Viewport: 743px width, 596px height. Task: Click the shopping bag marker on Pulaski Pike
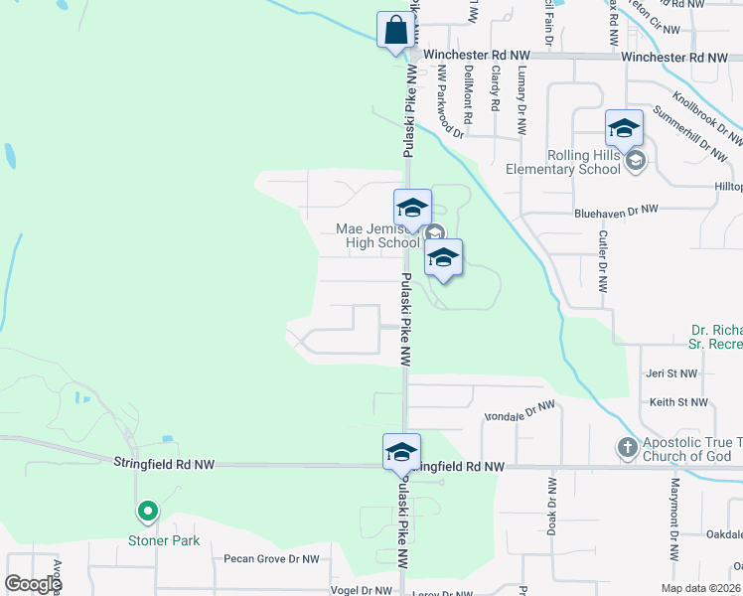pos(395,30)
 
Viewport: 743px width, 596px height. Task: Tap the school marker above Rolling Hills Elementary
pos(624,128)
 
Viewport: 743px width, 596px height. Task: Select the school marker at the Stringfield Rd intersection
pos(401,452)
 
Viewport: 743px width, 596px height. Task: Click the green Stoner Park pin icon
pos(147,513)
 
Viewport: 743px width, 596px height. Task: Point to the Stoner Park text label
pos(164,541)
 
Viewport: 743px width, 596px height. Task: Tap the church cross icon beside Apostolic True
pos(627,448)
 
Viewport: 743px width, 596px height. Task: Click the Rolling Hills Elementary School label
pos(584,162)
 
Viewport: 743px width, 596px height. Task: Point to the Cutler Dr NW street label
pos(602,261)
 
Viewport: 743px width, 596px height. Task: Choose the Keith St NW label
pos(678,402)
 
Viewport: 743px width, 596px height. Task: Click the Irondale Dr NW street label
pos(518,409)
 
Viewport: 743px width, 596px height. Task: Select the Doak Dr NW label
pos(551,506)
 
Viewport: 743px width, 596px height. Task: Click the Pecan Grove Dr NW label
pos(270,559)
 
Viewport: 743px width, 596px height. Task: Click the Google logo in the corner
pos(33,584)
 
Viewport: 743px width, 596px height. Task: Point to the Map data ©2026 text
pos(699,588)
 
